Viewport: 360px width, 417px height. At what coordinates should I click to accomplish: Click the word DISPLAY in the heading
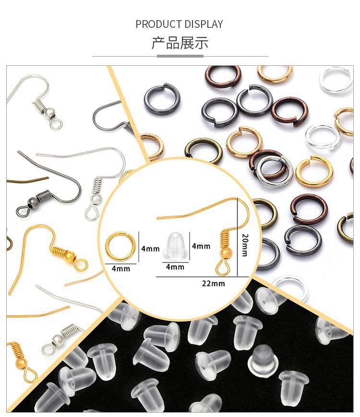(x=204, y=24)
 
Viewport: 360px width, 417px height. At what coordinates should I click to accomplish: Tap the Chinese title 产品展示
(x=180, y=43)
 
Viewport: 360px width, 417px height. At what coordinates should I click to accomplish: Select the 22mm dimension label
(x=213, y=284)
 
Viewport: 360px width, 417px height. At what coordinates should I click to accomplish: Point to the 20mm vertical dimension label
(x=245, y=245)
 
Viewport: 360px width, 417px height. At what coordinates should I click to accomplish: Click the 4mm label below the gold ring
(x=121, y=269)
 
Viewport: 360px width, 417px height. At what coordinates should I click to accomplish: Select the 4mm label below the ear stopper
(x=175, y=267)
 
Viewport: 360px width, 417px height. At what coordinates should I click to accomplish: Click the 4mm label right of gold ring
(x=150, y=249)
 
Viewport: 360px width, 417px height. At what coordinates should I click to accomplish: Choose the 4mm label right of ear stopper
(x=201, y=246)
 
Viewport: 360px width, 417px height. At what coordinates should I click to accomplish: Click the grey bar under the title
(x=180, y=56)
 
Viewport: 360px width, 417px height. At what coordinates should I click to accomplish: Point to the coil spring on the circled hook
(x=226, y=239)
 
